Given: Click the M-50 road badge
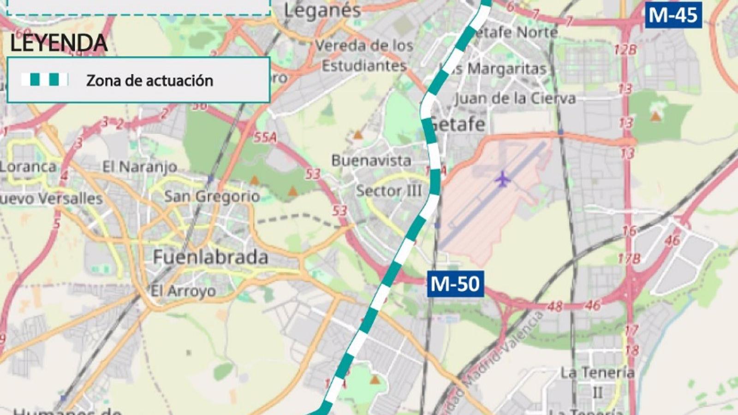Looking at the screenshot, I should [455, 284].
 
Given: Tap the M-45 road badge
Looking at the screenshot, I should [673, 15].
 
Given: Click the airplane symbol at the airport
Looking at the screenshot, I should [502, 179].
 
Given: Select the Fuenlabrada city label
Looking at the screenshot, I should [210, 257].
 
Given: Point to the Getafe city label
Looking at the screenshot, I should [457, 124].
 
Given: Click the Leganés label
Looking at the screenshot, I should [322, 10].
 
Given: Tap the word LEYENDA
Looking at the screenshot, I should [59, 43].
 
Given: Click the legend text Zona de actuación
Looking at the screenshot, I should [149, 81].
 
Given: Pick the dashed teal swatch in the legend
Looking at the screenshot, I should [45, 80].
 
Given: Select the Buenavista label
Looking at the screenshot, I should [371, 160].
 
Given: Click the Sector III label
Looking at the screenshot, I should [388, 190].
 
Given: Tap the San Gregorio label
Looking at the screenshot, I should [212, 196].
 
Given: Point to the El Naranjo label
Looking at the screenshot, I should [139, 166].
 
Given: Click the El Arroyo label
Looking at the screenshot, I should [183, 291].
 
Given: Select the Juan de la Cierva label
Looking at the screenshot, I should [515, 98].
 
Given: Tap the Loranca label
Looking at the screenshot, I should [28, 166].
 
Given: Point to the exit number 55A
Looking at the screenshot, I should [265, 137].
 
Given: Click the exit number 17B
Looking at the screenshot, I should [629, 259].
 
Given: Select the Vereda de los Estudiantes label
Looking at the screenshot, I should [364, 55].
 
